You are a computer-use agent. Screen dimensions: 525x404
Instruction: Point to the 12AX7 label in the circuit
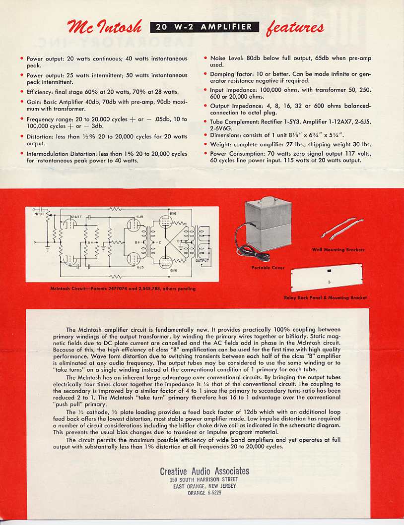(x=75, y=217)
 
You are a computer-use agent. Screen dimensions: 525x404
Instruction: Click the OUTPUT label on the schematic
(x=202, y=260)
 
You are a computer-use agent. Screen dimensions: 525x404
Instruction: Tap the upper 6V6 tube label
(x=173, y=213)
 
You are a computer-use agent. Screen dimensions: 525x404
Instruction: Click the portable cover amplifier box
(x=269, y=226)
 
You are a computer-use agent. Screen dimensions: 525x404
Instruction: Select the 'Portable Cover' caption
(x=268, y=268)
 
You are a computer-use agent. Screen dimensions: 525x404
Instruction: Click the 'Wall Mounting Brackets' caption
(x=338, y=250)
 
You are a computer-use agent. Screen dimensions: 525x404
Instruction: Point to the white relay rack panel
(x=329, y=279)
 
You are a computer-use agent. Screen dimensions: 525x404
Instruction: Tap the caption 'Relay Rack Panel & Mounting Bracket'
(x=325, y=297)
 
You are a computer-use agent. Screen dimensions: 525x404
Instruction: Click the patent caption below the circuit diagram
(x=123, y=289)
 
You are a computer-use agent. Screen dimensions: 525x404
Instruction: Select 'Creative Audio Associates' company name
(x=204, y=471)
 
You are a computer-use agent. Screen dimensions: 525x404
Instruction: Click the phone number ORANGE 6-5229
(x=204, y=493)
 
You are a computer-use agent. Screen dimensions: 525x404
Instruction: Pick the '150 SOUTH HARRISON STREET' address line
(x=204, y=480)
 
